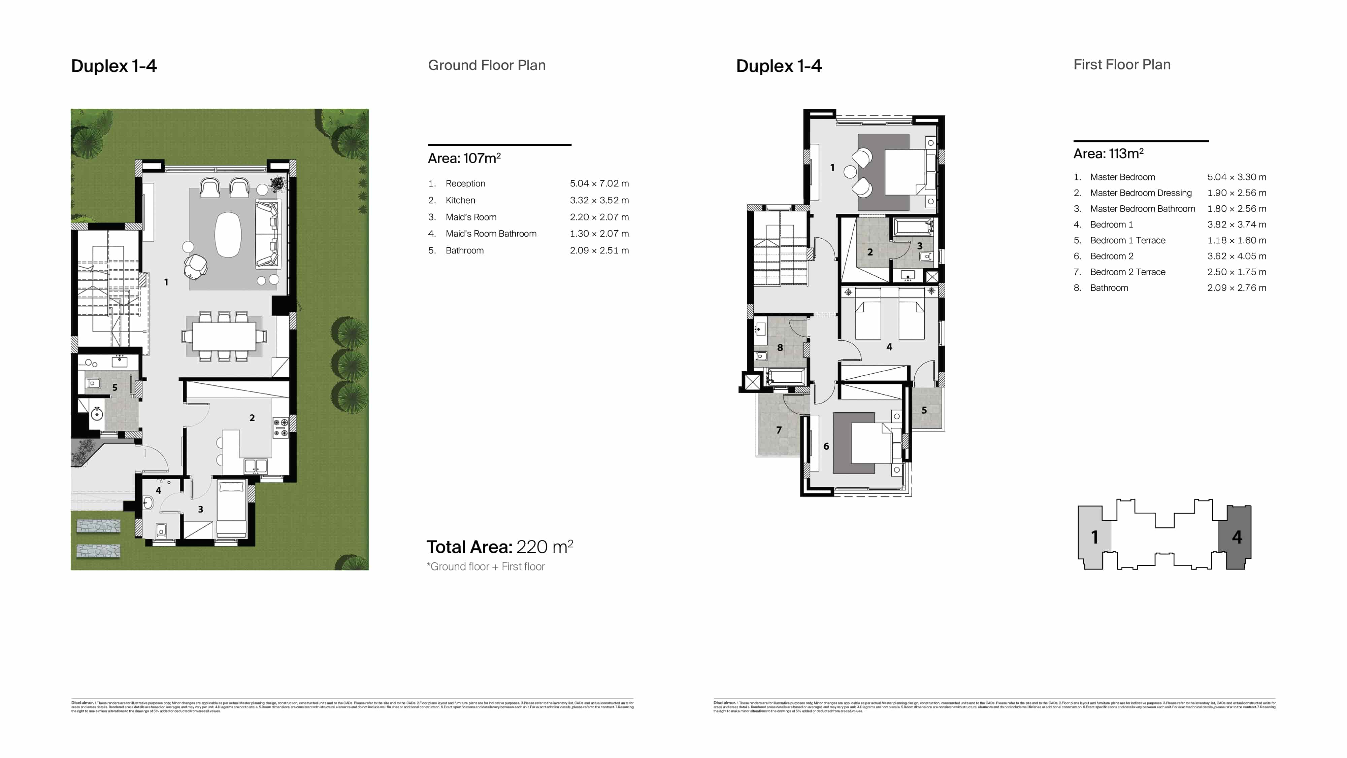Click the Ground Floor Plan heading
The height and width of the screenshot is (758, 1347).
point(486,65)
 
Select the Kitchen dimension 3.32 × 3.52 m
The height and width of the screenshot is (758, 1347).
point(599,200)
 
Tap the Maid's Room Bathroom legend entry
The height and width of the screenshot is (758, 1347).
point(491,234)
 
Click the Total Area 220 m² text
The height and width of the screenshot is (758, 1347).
point(499,547)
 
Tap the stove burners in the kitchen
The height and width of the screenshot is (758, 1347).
point(281,426)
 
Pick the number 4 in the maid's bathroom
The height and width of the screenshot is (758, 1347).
point(158,490)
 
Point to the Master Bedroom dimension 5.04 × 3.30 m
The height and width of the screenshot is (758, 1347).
point(1236,177)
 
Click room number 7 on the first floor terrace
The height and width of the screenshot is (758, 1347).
point(779,430)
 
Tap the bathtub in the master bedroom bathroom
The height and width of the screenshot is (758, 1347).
point(913,228)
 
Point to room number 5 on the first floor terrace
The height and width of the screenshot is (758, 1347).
point(924,410)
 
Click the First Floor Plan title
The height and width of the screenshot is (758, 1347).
point(1122,65)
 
